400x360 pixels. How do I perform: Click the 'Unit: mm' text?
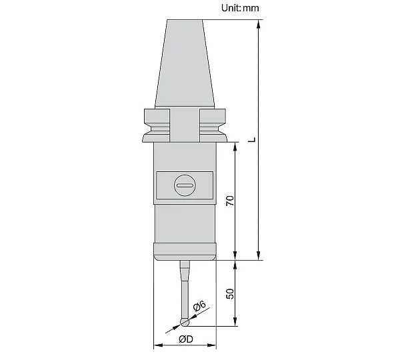pos(240,8)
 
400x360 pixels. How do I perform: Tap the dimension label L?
pos(252,139)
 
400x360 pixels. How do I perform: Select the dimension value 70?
pos(230,201)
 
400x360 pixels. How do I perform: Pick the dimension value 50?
pos(230,293)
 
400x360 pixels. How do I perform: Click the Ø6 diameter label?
pos(199,305)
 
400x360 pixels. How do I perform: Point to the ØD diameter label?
pos(186,339)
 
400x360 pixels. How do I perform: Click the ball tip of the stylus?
pos(185,322)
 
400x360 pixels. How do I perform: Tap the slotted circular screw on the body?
pos(185,185)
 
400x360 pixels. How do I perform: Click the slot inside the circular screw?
pos(185,185)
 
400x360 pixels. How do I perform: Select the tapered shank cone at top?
pos(185,63)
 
